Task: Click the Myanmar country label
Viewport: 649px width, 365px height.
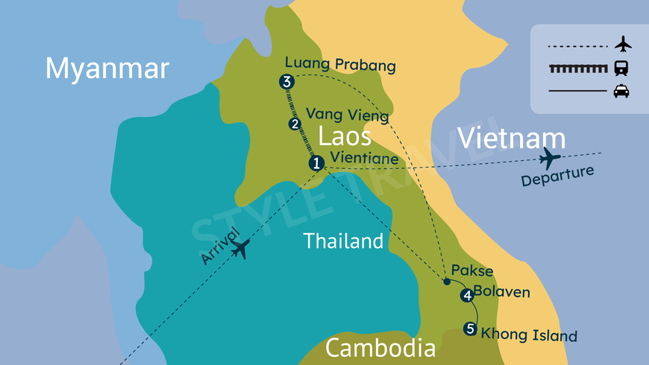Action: (107, 69)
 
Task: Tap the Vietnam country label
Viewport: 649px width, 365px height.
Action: (511, 139)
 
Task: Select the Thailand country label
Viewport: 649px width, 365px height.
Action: (343, 241)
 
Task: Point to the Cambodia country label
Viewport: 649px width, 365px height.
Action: (380, 348)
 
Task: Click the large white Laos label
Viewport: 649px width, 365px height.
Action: (345, 136)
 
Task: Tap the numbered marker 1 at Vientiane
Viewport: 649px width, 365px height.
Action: (316, 163)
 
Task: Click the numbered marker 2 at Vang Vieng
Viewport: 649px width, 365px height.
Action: (295, 124)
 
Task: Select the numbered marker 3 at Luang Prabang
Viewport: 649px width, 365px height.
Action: (286, 82)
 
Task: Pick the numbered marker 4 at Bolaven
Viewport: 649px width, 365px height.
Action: (467, 296)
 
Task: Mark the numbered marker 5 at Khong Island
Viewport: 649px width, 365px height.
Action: (469, 328)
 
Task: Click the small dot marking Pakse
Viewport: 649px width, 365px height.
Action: (446, 282)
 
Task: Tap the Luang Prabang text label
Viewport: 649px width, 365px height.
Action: (340, 65)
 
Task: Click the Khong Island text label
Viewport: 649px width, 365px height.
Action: (529, 334)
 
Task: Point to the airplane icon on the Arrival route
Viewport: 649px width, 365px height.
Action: (239, 250)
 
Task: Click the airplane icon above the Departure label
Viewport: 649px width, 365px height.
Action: (550, 158)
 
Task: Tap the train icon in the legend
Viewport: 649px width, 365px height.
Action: (621, 69)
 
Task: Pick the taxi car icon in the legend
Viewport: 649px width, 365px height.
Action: (621, 91)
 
